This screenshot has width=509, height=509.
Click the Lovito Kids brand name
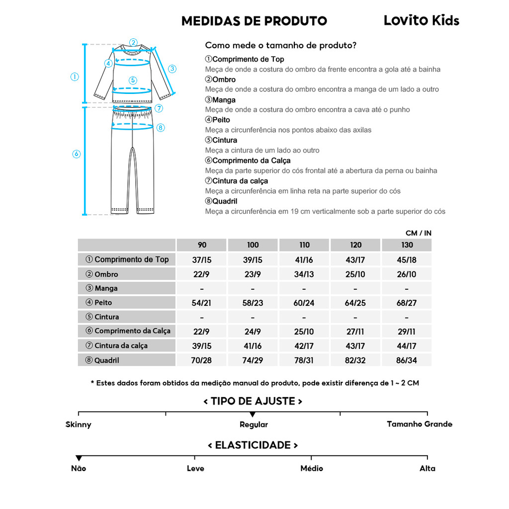pos(421,20)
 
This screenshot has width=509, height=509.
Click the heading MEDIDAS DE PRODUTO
pos(254,21)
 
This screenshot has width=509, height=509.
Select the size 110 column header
pos(304,245)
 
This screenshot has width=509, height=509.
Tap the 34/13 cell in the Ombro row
pos(304,274)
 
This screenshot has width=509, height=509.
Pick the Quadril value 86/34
pos(407,360)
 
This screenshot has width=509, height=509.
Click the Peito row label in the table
pos(103,303)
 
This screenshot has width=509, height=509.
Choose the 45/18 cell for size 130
pos(407,259)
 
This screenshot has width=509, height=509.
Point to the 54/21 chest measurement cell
pos(202,303)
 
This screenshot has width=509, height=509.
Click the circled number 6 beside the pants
pos(76,154)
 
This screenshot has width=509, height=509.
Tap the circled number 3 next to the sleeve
pos(172,69)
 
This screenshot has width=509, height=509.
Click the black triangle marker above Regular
pos(253,414)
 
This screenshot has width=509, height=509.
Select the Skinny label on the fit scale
pos(79,424)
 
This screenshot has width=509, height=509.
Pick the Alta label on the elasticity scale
pos(427,468)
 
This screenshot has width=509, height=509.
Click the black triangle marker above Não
pos(79,458)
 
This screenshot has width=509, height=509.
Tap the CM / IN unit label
pos(418,233)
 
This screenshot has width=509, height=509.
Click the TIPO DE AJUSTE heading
pos(253,401)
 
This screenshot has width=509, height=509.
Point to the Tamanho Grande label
pos(420,424)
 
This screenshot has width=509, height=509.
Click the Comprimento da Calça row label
pos(132,331)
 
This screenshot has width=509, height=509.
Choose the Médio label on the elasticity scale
pos(312,468)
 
